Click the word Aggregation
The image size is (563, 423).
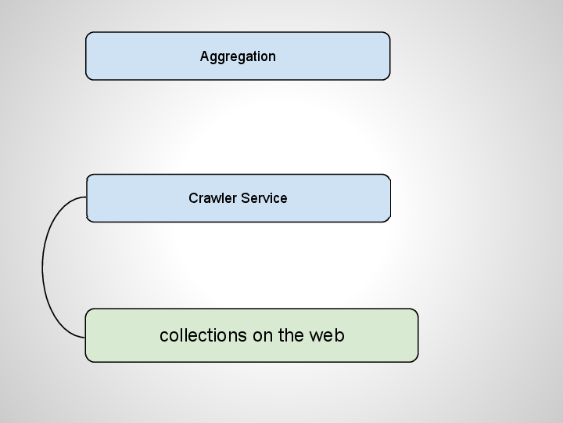tap(238, 57)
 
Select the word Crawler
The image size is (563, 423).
tap(213, 198)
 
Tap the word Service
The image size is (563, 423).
tap(264, 198)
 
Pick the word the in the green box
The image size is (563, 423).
tap(291, 335)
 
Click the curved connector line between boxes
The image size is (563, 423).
tap(42, 266)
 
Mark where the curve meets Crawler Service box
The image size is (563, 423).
tap(87, 197)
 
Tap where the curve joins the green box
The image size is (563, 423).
tap(85, 338)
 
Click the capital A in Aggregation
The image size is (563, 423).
tap(205, 56)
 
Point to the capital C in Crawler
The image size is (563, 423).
tap(194, 198)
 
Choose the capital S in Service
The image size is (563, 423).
tap(246, 198)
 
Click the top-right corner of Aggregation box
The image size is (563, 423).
tap(390, 32)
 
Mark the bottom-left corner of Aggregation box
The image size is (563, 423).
tap(86, 80)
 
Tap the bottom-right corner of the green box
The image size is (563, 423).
tap(418, 362)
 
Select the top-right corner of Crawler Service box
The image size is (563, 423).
tap(390, 175)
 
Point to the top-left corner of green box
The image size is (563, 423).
tap(85, 309)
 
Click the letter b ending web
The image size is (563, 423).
tap(339, 335)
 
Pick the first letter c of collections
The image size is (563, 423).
tap(164, 338)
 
